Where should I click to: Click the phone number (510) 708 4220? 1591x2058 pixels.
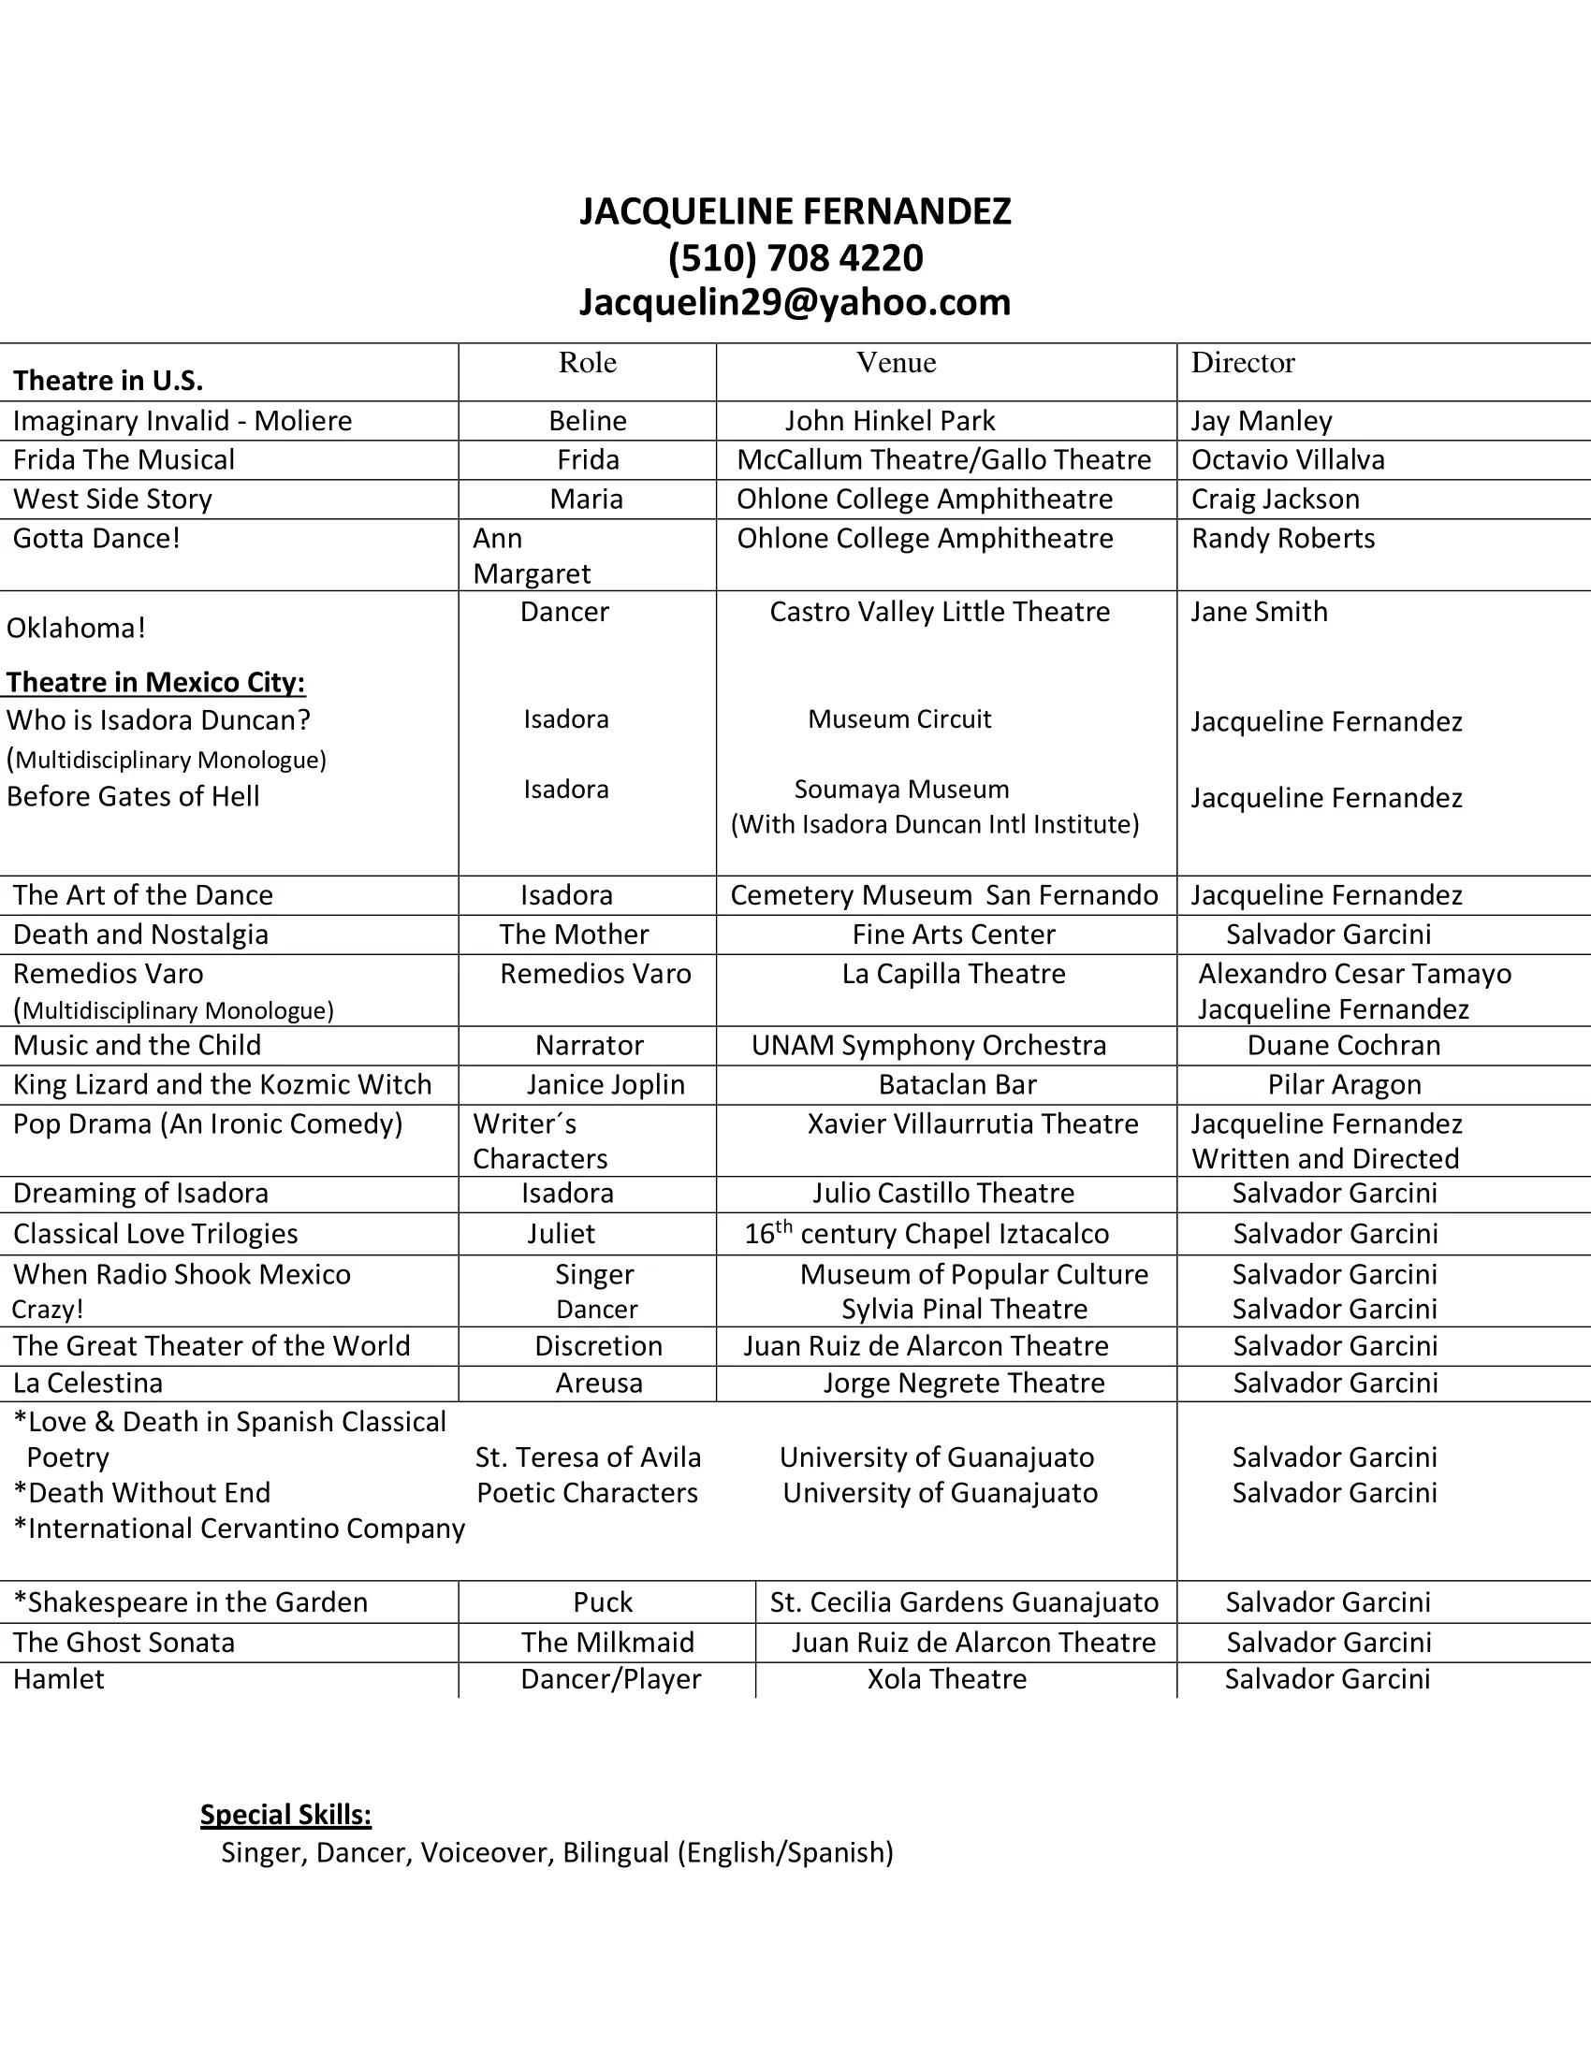tap(795, 258)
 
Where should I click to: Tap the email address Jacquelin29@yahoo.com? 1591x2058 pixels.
tap(795, 302)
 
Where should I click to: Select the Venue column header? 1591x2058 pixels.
tap(896, 363)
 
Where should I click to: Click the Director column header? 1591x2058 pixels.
tap(1242, 363)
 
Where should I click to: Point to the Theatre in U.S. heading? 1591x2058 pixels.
tap(109, 381)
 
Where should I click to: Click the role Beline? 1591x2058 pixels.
tap(587, 421)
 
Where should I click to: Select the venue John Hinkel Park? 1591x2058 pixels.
tap(890, 421)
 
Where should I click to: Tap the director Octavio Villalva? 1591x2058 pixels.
tap(1288, 460)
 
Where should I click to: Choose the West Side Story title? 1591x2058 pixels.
tap(112, 500)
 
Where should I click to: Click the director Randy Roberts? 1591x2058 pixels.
tap(1283, 539)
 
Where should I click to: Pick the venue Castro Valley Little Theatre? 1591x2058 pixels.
tap(940, 613)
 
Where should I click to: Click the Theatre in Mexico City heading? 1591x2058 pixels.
tap(156, 682)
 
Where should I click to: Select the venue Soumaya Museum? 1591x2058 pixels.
tap(901, 790)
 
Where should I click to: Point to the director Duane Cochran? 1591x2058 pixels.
tap(1343, 1046)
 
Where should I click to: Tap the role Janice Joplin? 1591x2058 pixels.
tap(606, 1085)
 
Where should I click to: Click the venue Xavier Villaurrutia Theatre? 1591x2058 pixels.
tap(972, 1124)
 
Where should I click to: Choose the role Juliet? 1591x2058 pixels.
tap(561, 1235)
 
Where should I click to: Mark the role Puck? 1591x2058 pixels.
tap(604, 1602)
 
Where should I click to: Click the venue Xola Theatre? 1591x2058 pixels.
tap(946, 1679)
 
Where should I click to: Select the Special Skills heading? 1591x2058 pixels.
tap(285, 1815)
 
